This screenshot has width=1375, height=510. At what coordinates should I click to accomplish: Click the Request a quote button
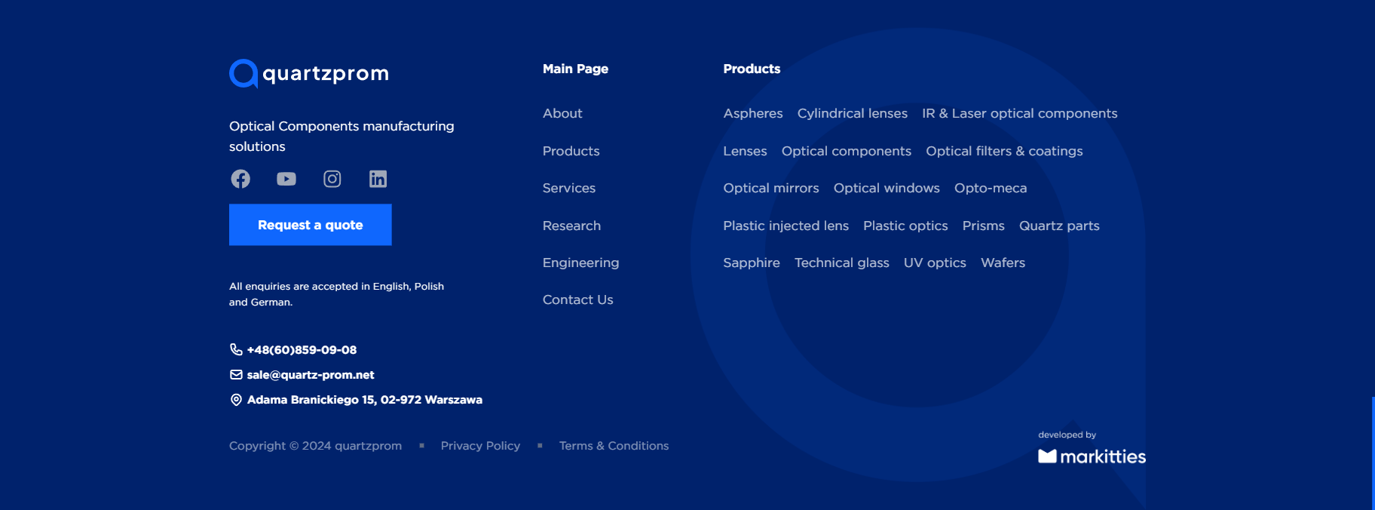tap(310, 225)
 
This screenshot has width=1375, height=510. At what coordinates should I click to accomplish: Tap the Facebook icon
tap(240, 179)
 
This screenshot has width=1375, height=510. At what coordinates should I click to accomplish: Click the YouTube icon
tap(286, 179)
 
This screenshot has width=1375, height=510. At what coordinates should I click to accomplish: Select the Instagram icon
tap(332, 179)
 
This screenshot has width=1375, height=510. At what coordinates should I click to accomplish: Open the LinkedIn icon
tap(378, 179)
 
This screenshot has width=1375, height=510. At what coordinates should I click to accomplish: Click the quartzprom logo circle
tap(243, 73)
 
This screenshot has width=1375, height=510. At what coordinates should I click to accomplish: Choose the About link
tap(562, 113)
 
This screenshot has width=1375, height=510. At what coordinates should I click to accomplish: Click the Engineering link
tap(580, 263)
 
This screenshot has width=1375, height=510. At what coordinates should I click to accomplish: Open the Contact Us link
tap(578, 300)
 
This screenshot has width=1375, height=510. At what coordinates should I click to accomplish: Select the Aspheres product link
tap(753, 113)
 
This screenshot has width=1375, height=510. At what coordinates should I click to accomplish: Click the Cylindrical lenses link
tap(853, 113)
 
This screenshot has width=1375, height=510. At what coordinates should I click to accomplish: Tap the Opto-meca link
tap(991, 188)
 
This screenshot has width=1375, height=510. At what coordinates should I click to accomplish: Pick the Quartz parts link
tap(1059, 226)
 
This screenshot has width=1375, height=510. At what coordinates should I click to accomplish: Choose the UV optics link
tap(935, 263)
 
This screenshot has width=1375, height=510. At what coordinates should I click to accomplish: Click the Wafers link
tap(1003, 263)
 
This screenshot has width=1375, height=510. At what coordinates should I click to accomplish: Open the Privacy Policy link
tap(480, 446)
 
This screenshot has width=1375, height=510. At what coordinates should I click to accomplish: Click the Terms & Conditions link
tap(614, 446)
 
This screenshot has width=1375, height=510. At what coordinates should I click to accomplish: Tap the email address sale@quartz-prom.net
tap(311, 375)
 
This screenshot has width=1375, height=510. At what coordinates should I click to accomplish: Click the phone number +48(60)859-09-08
tap(302, 350)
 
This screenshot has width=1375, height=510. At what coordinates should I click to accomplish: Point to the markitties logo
tap(1092, 456)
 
